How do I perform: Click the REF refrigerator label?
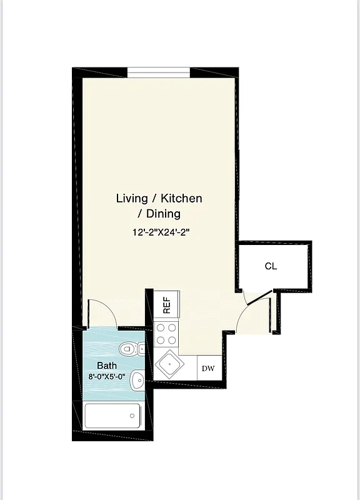[x=167, y=305]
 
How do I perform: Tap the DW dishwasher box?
[x=208, y=368]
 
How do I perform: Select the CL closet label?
[x=271, y=266]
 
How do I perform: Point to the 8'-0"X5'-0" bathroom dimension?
[x=107, y=377]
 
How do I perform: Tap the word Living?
[x=132, y=199]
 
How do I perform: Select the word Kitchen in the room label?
[x=182, y=199]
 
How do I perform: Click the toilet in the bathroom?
[x=131, y=349]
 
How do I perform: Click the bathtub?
[x=112, y=415]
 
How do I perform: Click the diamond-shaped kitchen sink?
[x=168, y=362]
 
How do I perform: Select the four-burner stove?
[x=167, y=334]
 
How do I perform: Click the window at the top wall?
[x=159, y=71]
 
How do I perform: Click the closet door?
[x=259, y=297]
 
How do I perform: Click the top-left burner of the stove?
[x=161, y=328]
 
